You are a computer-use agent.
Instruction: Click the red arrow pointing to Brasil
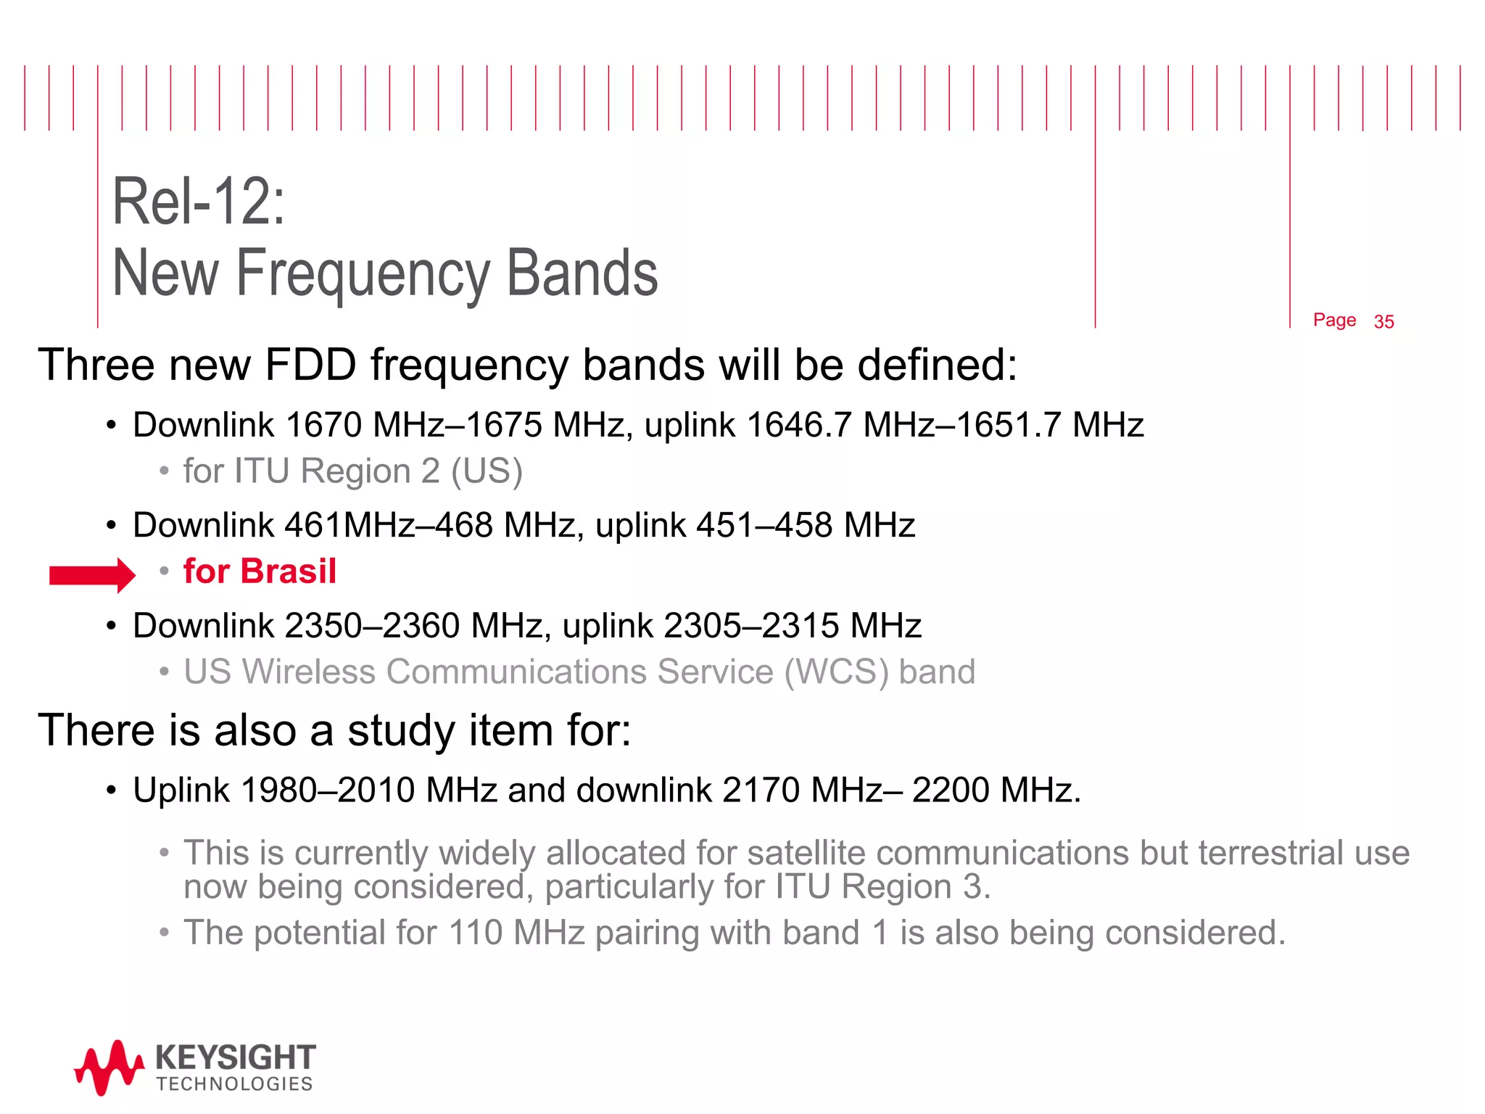pos(92,575)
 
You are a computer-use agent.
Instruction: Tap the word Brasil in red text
pos(289,572)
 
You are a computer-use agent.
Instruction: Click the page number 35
pos(1383,322)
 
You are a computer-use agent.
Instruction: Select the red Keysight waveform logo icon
pos(109,1067)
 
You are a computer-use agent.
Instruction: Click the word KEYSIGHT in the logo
pos(236,1058)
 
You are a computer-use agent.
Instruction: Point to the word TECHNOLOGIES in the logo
pos(234,1084)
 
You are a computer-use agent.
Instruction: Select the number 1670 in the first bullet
pos(323,425)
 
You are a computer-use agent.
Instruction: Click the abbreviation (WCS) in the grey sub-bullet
pos(836,672)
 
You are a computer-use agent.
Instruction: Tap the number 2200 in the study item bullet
pos(949,791)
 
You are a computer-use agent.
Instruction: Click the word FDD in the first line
pos(310,365)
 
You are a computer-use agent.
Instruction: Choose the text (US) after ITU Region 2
pos(487,471)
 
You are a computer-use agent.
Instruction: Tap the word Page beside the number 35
pos(1334,321)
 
